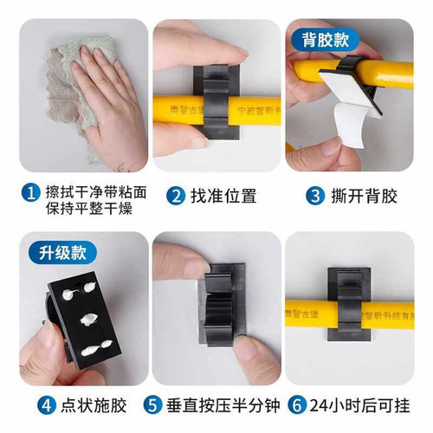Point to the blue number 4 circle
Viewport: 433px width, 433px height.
(x=29, y=404)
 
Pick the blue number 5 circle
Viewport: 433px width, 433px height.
(x=152, y=404)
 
